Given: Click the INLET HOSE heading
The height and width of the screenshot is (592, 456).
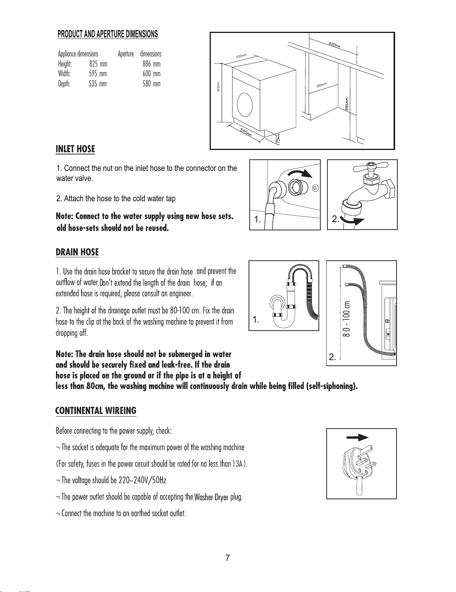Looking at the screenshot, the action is (75, 149).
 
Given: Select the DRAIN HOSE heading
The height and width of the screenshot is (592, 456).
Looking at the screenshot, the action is (77, 252).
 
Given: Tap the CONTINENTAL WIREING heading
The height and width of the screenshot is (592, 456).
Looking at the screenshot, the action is (96, 410).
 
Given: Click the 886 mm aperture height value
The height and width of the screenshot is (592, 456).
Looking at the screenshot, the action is (151, 64).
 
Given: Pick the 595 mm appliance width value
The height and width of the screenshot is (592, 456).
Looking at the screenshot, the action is (98, 74).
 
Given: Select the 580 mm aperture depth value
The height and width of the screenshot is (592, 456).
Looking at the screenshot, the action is (151, 84).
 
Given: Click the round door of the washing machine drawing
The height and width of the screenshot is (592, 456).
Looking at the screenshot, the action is (245, 104).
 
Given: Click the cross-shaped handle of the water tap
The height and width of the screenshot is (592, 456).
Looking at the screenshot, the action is (370, 167).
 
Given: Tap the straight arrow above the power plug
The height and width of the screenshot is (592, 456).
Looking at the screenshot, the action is (357, 438).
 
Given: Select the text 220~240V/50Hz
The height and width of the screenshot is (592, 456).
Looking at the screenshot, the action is (142, 480).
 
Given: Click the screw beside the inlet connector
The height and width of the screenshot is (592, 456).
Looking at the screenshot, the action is (315, 187).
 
